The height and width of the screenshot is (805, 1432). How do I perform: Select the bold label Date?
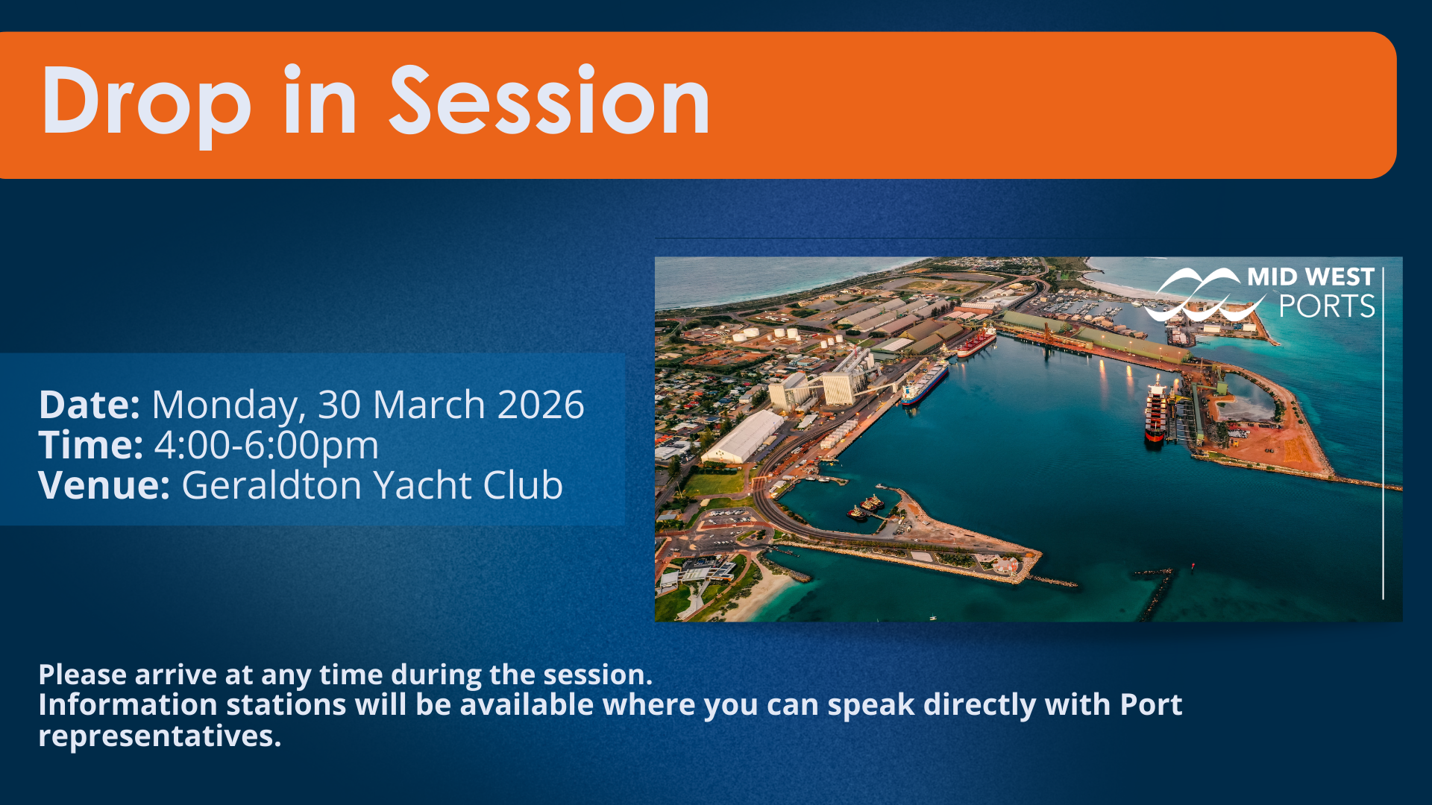coord(89,405)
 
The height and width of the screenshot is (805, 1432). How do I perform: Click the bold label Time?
coord(91,445)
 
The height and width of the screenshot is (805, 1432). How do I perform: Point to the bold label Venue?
coord(104,485)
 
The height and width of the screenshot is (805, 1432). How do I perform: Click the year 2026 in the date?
coord(541,405)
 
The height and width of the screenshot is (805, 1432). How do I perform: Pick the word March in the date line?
coord(429,405)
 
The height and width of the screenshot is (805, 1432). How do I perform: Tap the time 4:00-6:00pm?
coord(266,446)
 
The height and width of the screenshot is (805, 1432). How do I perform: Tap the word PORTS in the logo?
coord(1327,306)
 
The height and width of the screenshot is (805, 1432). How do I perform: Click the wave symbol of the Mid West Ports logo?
coord(1202,295)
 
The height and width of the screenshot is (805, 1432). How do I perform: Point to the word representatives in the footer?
coord(160,737)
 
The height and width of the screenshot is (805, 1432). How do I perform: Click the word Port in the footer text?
coord(1151,705)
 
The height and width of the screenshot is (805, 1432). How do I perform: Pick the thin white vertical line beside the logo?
coord(1384,433)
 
